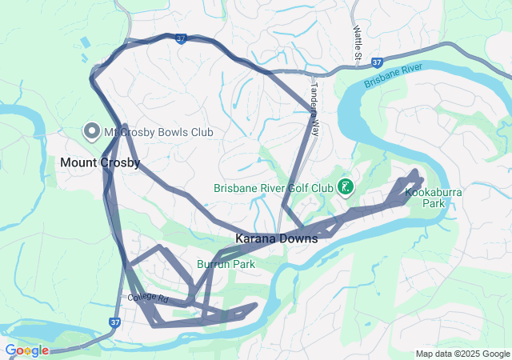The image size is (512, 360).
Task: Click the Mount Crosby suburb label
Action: pos(100,162)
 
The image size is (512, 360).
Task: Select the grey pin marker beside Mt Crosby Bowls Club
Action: pos(91,130)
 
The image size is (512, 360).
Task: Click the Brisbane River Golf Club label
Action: pos(273,189)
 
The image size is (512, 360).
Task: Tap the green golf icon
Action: pos(346,188)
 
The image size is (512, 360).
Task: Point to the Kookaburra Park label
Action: pos(425,198)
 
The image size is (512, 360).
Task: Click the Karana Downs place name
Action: pos(276,238)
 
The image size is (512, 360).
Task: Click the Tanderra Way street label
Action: pos(314,107)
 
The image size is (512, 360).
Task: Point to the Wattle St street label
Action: pos(358,42)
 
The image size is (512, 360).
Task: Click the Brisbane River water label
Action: pos(393,78)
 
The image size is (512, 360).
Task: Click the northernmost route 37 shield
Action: pos(182,38)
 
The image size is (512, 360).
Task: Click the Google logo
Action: pos(26,350)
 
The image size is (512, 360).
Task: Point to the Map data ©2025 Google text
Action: pos(462,354)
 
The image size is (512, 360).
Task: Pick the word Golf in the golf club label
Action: pos(298,189)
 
